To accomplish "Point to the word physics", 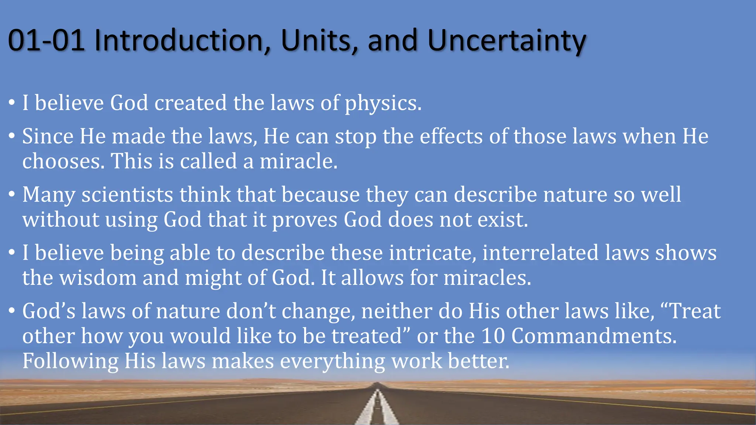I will point(382,103).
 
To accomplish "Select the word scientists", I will point(127,194).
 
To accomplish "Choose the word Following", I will point(70,361).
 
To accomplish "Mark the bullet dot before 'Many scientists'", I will point(12,194).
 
